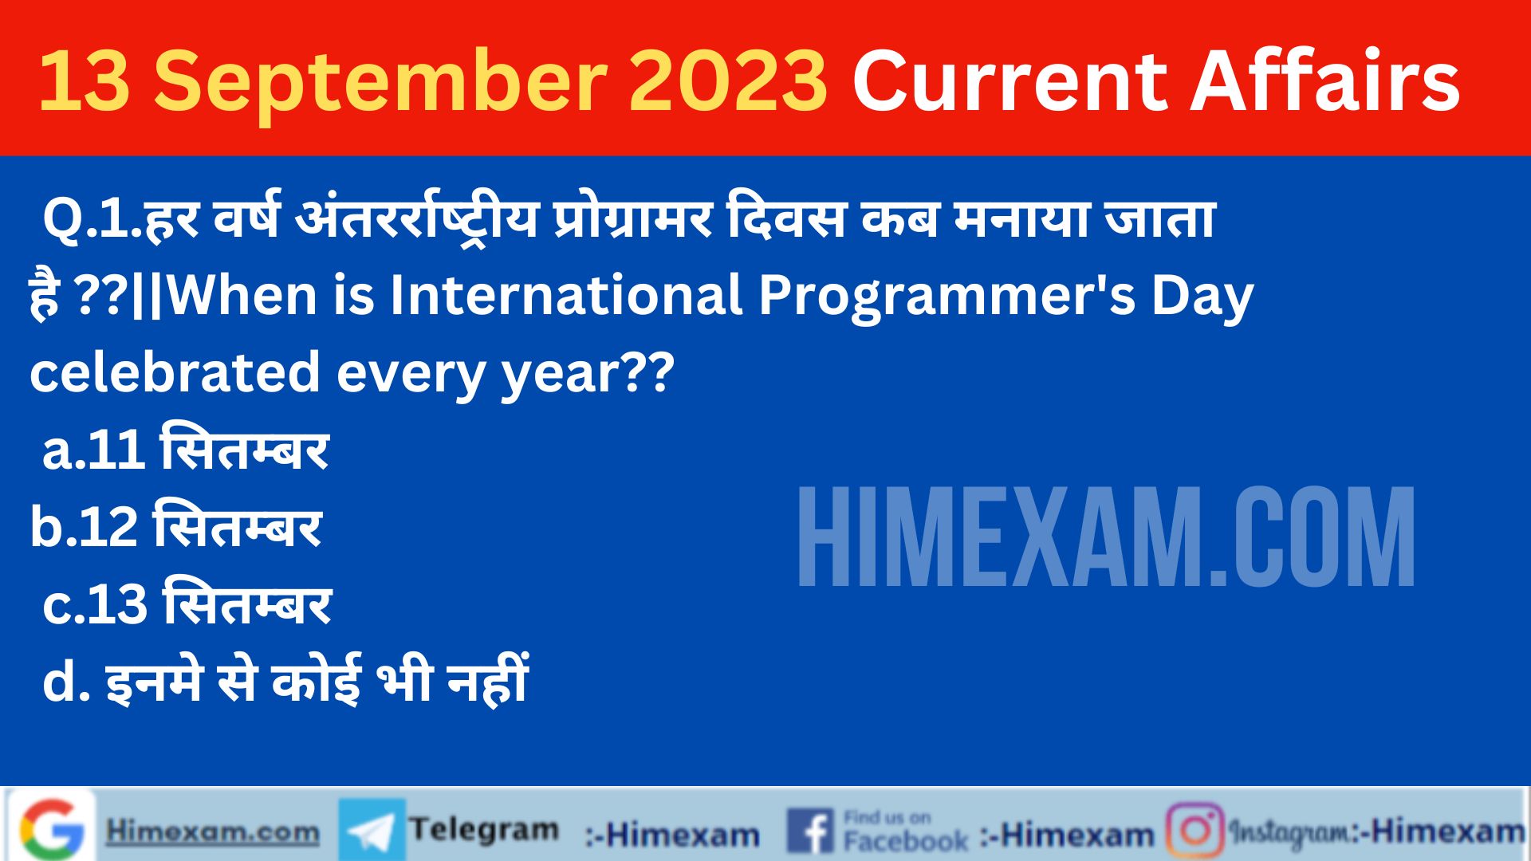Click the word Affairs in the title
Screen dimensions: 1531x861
tap(1325, 80)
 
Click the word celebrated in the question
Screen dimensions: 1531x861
tap(175, 372)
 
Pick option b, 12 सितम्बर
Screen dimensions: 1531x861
tap(175, 525)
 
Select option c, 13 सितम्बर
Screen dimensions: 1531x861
tap(187, 603)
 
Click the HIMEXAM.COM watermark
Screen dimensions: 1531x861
tap(1107, 537)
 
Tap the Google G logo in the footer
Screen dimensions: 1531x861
tap(53, 828)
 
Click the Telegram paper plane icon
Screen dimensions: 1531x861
tap(372, 830)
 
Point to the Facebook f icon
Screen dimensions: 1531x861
tap(812, 831)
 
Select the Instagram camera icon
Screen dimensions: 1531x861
tap(1194, 831)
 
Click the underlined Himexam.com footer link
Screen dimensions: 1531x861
tap(213, 832)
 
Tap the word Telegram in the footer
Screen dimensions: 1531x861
tap(484, 830)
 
